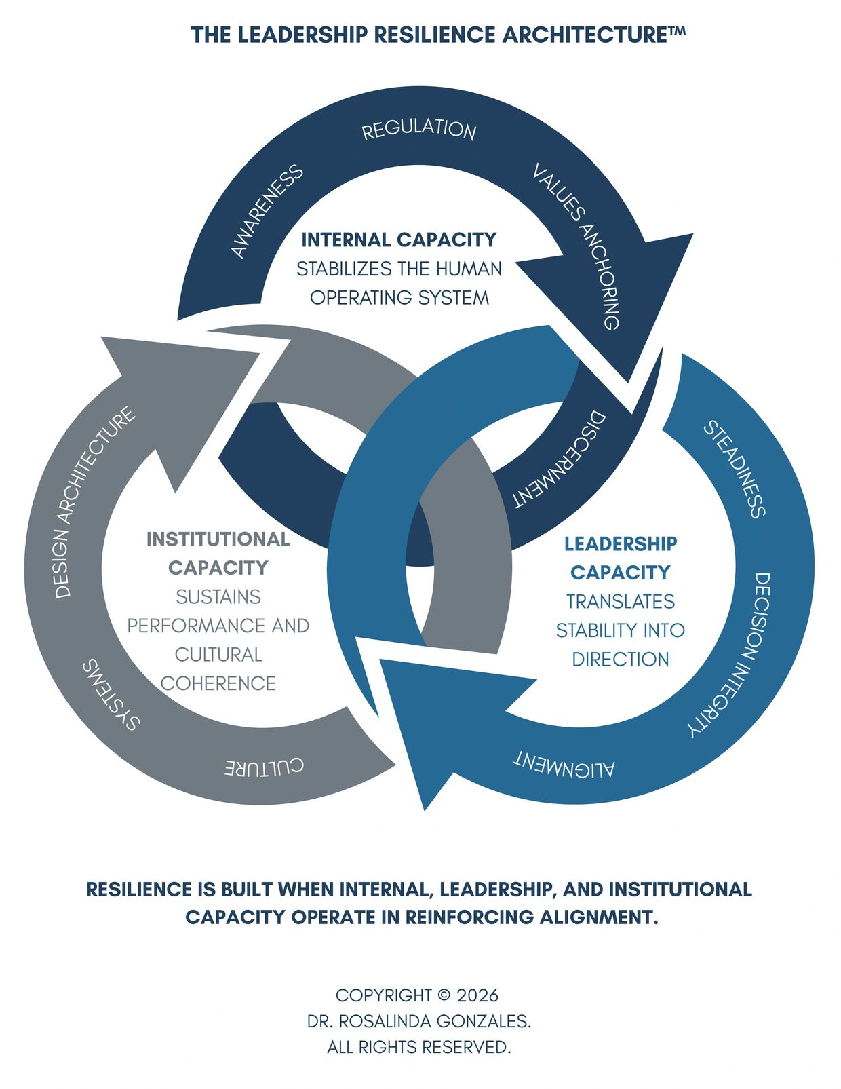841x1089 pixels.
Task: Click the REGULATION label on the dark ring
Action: pyautogui.click(x=418, y=130)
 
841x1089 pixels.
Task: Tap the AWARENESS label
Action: pyautogui.click(x=267, y=211)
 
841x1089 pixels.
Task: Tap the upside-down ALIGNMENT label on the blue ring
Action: pyautogui.click(x=564, y=764)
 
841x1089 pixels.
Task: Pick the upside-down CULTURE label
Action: pyautogui.click(x=265, y=767)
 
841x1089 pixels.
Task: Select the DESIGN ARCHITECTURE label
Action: pyautogui.click(x=94, y=503)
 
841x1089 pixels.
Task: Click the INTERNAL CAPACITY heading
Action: pyautogui.click(x=399, y=240)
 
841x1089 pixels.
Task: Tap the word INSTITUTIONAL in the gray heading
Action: pyautogui.click(x=218, y=539)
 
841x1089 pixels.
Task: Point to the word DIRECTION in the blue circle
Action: pyautogui.click(x=620, y=660)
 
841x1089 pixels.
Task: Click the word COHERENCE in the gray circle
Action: pyautogui.click(x=218, y=683)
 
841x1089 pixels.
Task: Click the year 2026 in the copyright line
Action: pyautogui.click(x=477, y=996)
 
